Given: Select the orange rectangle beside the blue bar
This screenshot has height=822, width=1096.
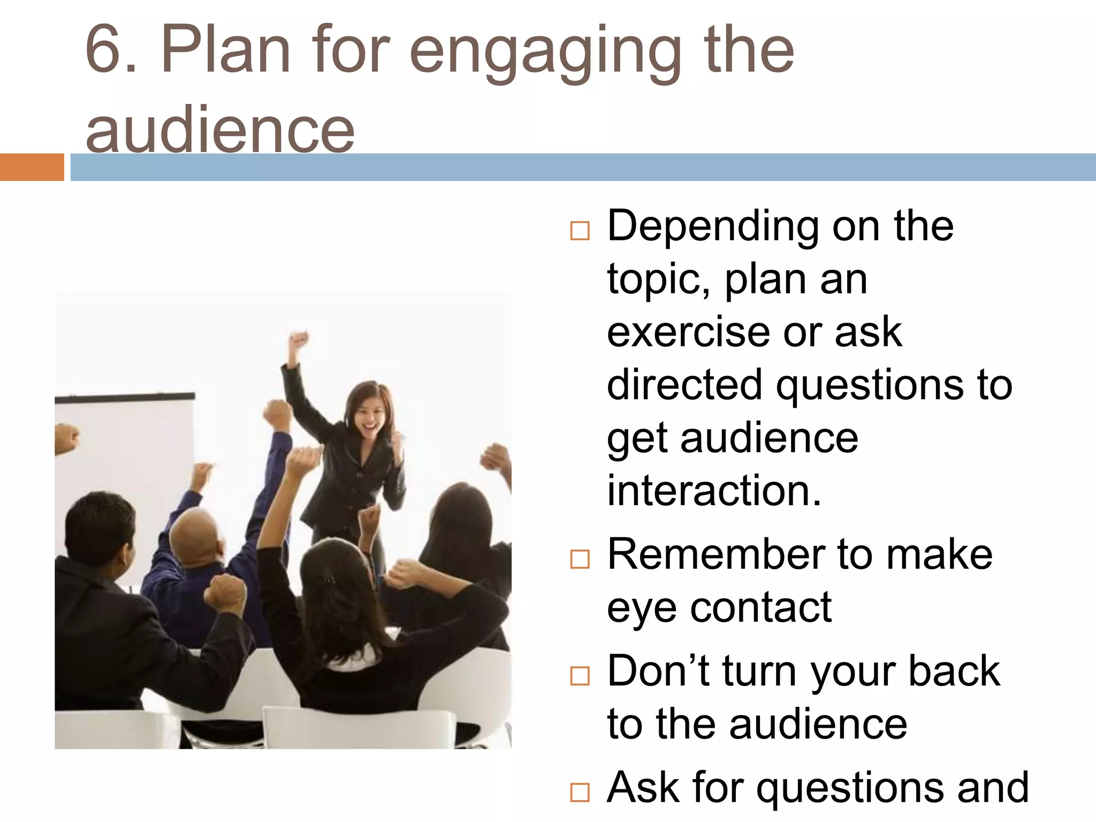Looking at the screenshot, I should [32, 167].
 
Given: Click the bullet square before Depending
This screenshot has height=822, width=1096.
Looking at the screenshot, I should [580, 231].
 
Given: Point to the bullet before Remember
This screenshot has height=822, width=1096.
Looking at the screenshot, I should [580, 559].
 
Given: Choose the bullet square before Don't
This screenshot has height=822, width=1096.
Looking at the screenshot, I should [580, 675].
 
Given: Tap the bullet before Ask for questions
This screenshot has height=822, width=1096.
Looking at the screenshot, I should [580, 792].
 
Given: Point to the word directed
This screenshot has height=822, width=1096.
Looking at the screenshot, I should [684, 384].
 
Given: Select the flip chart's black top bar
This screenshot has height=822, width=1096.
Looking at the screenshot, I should [125, 398].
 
